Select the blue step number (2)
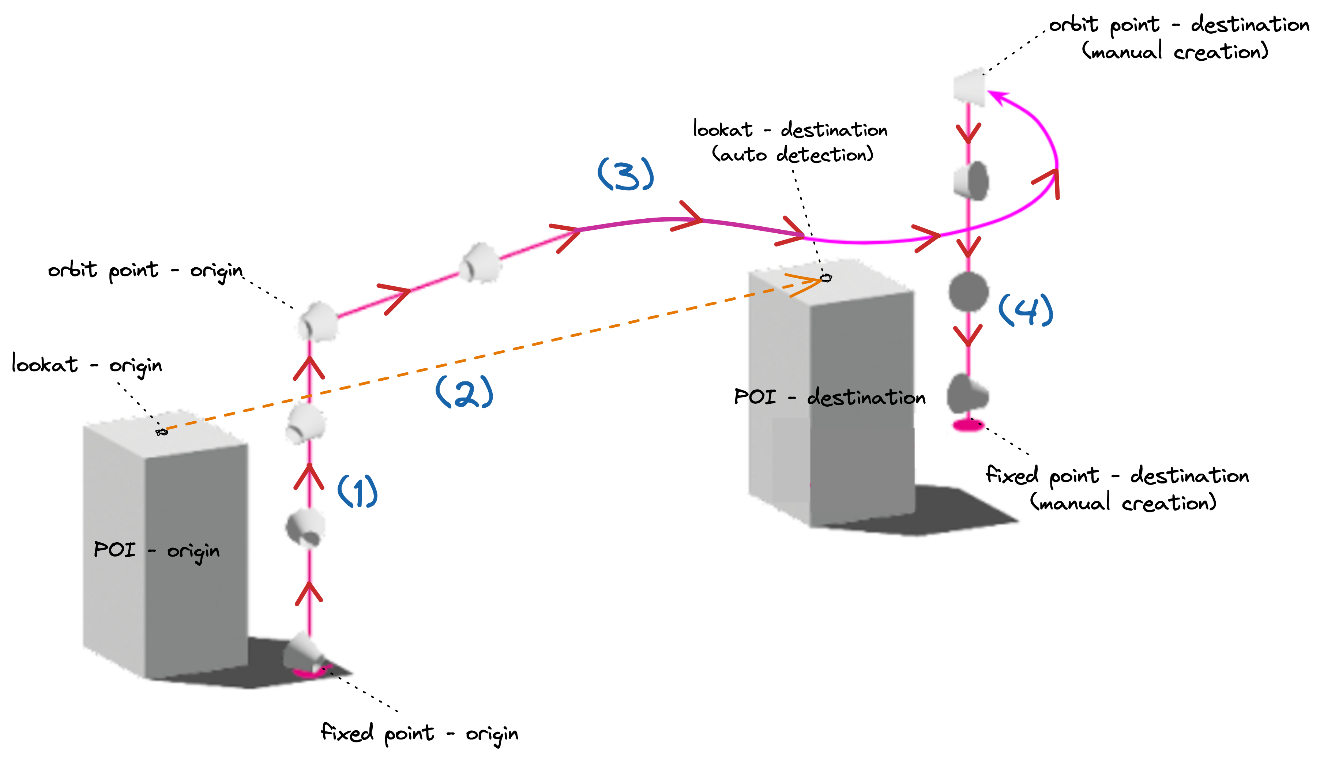pyautogui.click(x=464, y=392)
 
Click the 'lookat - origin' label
pyautogui.click(x=87, y=365)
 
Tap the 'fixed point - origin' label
pyautogui.click(x=419, y=733)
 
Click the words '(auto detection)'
pyautogui.click(x=792, y=154)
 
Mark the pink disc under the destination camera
pyautogui.click(x=968, y=426)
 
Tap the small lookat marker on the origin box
pyautogui.click(x=162, y=432)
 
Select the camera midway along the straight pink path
pyautogui.click(x=480, y=263)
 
